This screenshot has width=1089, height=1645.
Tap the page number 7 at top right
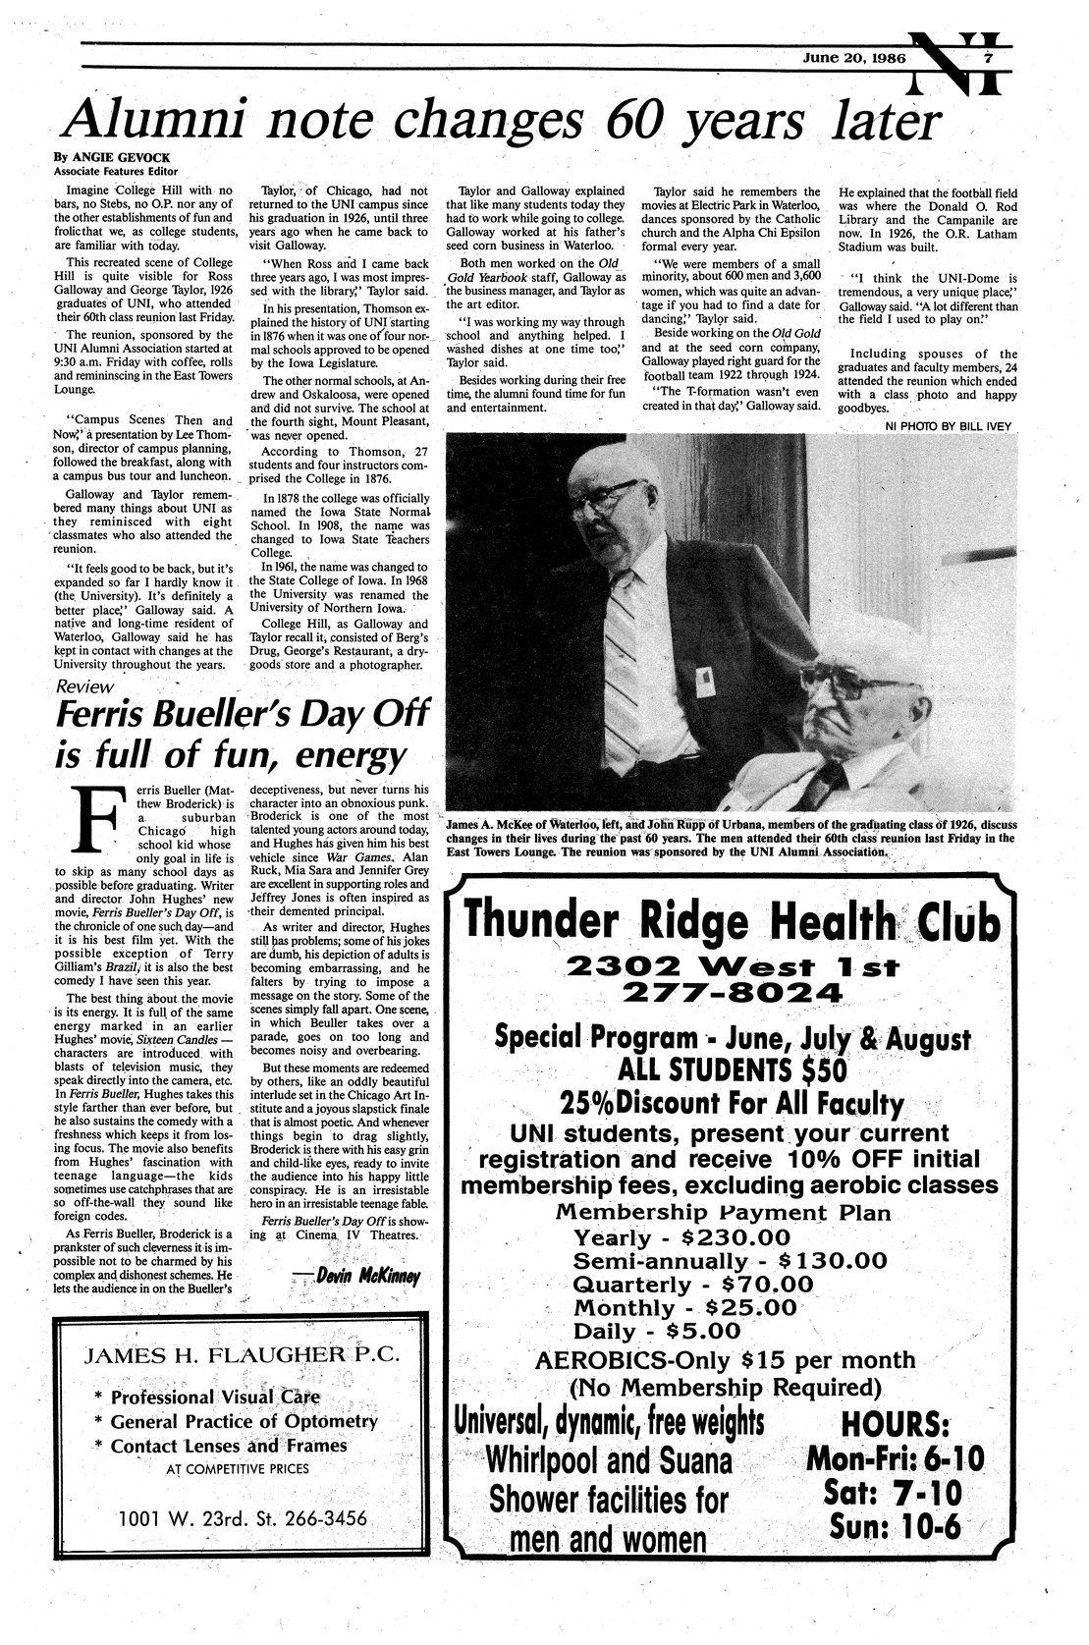point(992,57)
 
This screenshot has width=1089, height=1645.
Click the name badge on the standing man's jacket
point(704,678)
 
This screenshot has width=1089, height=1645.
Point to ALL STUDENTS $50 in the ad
point(732,1069)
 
